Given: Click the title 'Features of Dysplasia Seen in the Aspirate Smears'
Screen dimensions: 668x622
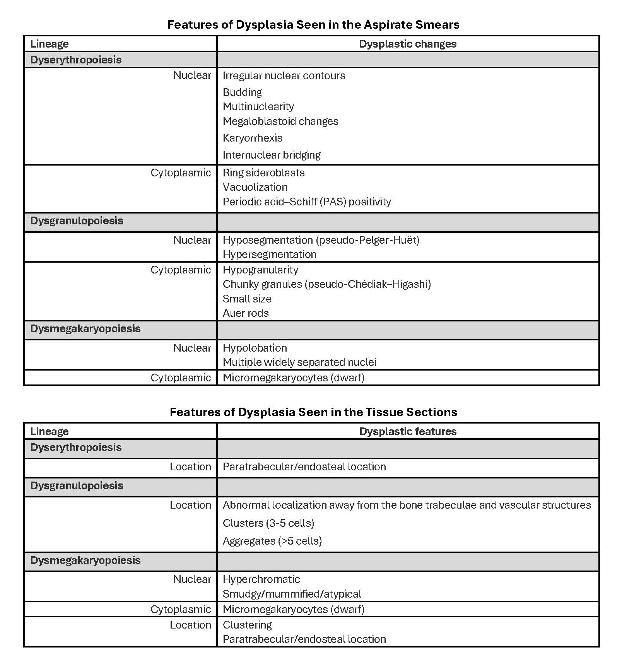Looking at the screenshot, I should point(313,25).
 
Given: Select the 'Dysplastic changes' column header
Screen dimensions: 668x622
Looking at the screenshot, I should point(407,44).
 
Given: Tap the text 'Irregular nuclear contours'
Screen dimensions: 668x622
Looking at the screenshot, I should point(284,76).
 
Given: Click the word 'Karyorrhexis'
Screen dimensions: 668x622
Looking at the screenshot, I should point(252,138).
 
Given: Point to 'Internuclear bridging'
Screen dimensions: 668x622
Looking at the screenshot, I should point(272,155).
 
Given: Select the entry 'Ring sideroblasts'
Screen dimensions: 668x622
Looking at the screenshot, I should point(263,173).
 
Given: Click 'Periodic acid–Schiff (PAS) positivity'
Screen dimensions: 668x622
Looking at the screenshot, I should point(307,202).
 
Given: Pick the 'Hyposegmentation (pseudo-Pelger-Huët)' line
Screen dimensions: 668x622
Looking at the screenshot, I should point(321,240).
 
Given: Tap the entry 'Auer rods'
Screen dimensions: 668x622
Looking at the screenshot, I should point(246,313).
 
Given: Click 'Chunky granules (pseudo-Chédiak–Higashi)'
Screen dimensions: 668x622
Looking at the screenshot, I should point(327,284).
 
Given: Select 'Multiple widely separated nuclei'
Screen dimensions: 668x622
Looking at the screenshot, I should point(299,362).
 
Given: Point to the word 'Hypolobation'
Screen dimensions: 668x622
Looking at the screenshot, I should point(255,348).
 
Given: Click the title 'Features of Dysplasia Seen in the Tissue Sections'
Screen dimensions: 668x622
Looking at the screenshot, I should point(313,412).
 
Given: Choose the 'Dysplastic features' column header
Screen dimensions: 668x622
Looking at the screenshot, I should point(407,432).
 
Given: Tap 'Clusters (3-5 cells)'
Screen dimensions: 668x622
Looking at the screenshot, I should point(268,523).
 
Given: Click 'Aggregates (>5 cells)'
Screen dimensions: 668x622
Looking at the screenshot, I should point(272,541).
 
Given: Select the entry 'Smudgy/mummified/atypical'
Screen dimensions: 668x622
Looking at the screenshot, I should point(292,594).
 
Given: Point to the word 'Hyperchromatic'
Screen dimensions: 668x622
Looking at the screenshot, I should point(261,579).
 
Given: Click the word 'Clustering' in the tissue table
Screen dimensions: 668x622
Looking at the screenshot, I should point(247,625).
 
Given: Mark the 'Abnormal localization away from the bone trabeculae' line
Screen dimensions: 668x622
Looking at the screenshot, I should point(407,505).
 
